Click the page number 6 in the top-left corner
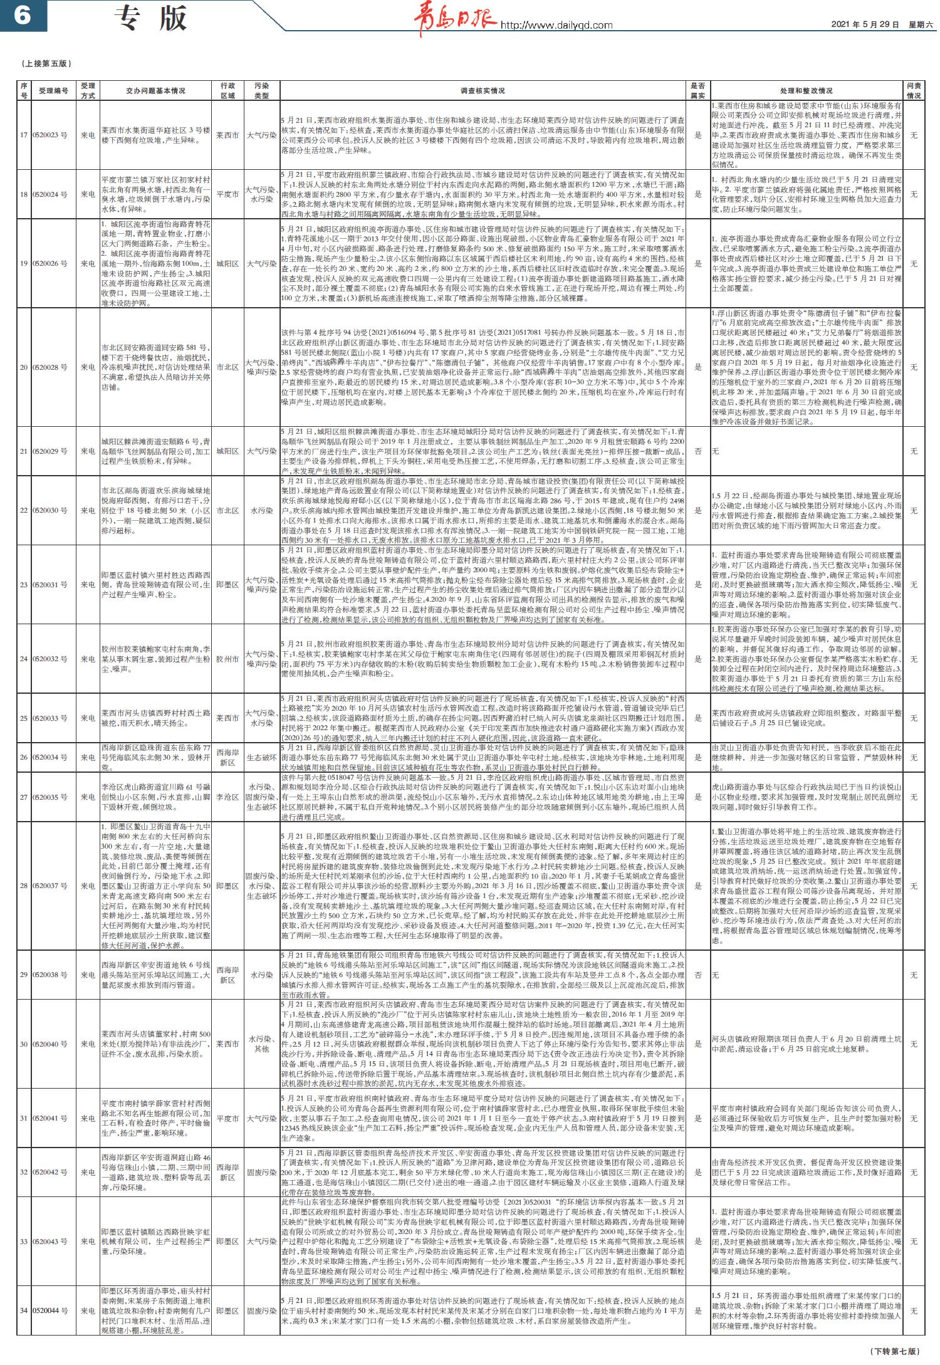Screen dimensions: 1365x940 point(23,15)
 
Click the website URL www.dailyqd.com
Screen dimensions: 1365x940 point(556,25)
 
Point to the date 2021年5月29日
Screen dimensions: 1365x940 point(865,24)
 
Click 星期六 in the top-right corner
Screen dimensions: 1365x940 point(921,24)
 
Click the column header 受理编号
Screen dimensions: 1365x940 point(53,90)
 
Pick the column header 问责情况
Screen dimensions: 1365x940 point(914,90)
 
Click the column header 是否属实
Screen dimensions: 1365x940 point(697,90)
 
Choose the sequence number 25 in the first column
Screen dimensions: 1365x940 point(23,718)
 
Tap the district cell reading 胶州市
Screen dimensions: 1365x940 point(227,659)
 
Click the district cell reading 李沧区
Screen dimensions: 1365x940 point(227,797)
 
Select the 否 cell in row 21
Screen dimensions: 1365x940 point(697,451)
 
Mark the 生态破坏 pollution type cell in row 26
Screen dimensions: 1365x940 point(261,757)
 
